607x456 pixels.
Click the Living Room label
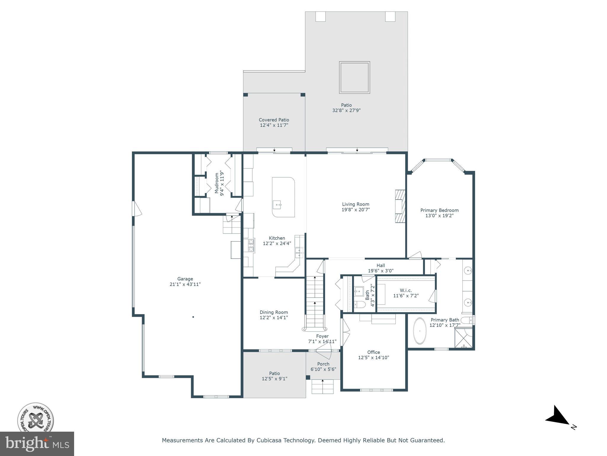tap(356, 204)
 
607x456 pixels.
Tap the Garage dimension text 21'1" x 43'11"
tap(185, 284)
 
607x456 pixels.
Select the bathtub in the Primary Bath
tap(420, 331)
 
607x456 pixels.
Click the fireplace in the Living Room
tap(400, 206)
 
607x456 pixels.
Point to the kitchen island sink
tap(277, 205)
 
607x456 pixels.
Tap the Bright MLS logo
tap(37, 444)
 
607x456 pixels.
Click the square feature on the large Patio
tap(354, 77)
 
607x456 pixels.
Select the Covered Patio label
tap(274, 120)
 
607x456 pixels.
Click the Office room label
tap(373, 352)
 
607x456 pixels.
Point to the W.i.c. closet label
tap(406, 290)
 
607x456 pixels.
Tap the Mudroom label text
tap(217, 183)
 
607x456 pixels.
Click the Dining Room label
tap(274, 312)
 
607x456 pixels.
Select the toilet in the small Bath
tap(360, 304)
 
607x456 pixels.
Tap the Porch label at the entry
tap(323, 364)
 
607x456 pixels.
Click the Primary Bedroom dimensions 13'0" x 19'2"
tap(440, 216)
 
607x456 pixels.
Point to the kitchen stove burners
tap(251, 246)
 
